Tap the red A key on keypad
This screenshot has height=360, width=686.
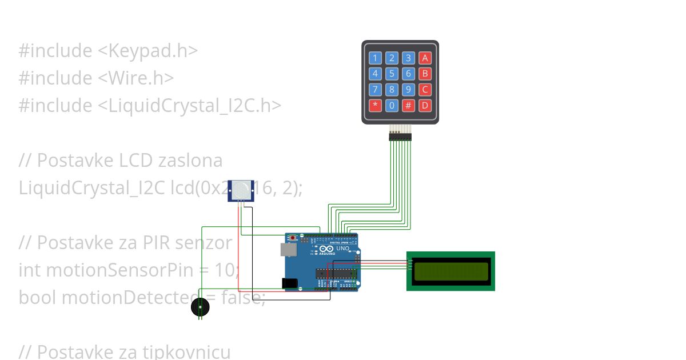tap(425, 58)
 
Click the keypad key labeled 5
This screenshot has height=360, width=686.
tap(392, 74)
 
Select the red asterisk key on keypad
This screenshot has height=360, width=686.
tap(375, 105)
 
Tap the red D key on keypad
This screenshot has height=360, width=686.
tap(425, 105)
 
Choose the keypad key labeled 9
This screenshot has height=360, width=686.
tap(408, 90)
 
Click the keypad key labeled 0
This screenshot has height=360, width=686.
tap(392, 105)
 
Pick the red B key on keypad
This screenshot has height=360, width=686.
tap(425, 74)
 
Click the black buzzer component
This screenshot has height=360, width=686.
tap(200, 307)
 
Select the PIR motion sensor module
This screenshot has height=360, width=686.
tap(241, 190)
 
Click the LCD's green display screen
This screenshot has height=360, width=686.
tap(451, 271)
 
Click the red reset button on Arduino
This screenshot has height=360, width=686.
tap(294, 237)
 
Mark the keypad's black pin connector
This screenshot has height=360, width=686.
tap(400, 136)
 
